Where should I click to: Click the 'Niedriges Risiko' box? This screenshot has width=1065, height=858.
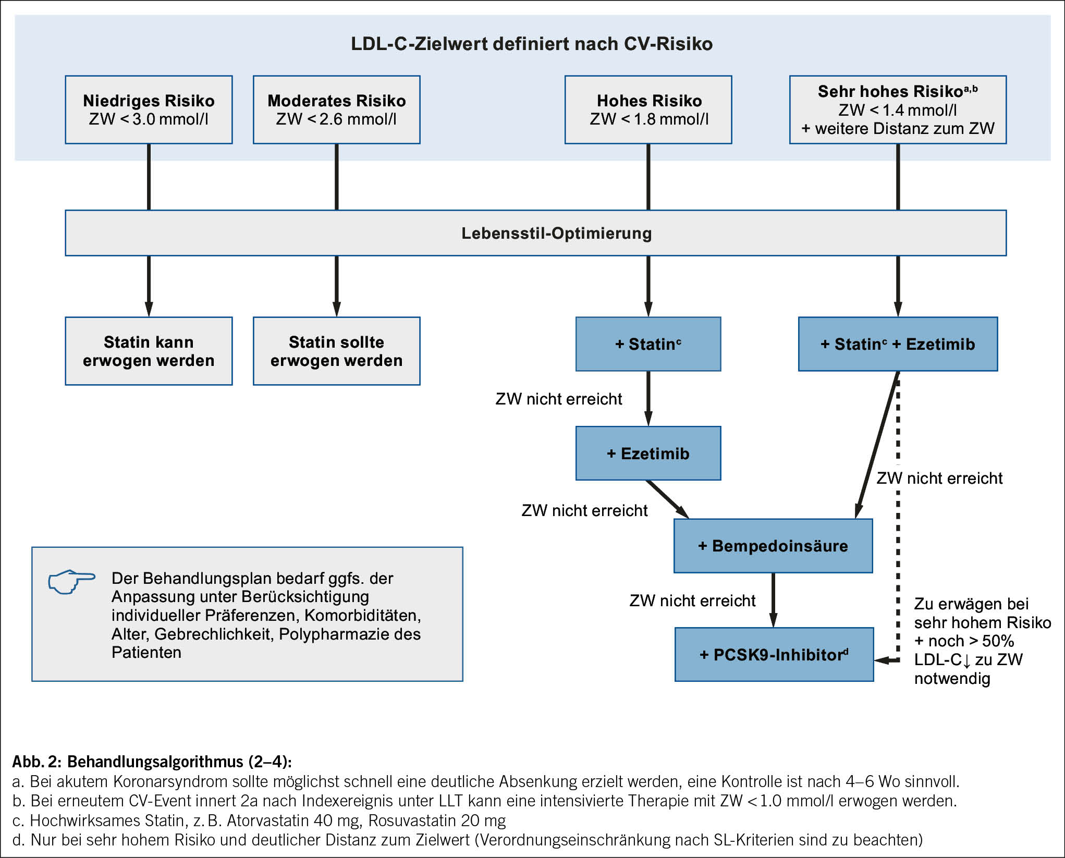point(149,109)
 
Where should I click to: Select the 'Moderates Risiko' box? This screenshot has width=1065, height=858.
point(337,109)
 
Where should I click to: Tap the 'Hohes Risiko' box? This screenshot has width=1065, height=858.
point(648,109)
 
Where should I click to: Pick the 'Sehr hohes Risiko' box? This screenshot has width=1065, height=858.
point(898,109)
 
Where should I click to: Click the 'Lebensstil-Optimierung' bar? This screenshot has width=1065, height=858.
point(536,233)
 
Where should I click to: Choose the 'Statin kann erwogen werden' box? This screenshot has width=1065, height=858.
point(149,351)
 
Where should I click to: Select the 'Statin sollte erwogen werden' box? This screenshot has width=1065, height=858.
point(337,351)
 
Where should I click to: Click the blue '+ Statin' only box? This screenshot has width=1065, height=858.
point(648,344)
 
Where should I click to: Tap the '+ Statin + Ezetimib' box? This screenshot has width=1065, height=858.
point(898,344)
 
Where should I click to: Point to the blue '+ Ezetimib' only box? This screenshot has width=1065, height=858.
point(648,453)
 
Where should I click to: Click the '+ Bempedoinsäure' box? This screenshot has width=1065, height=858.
point(773,546)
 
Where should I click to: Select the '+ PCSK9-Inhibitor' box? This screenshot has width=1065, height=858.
point(774,654)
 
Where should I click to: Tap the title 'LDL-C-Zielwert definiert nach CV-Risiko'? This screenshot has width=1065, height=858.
point(532,44)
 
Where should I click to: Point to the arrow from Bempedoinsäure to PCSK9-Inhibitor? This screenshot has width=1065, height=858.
point(773,600)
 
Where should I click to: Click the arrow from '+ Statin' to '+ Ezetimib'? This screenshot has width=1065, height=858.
point(648,399)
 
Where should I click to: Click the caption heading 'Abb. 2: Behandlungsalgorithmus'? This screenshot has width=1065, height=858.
point(152,762)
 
